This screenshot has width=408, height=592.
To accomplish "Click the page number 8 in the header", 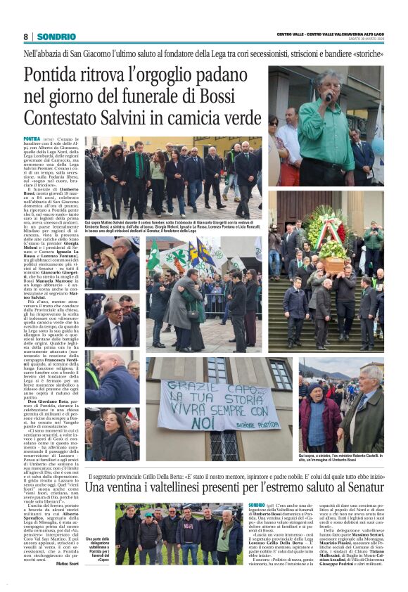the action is pos(25,36).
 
